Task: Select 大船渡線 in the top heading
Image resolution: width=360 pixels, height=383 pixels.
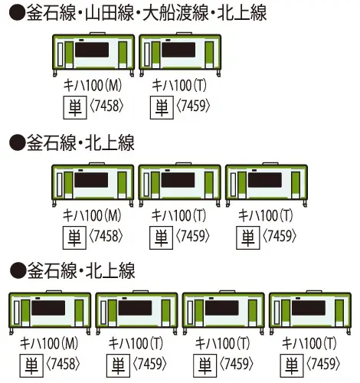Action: point(188,14)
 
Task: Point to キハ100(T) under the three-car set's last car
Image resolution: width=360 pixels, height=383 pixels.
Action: point(263,217)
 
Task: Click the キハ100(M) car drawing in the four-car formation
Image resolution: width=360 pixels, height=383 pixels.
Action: point(51,313)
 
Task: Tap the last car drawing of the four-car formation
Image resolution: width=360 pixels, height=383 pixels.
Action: point(313,313)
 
